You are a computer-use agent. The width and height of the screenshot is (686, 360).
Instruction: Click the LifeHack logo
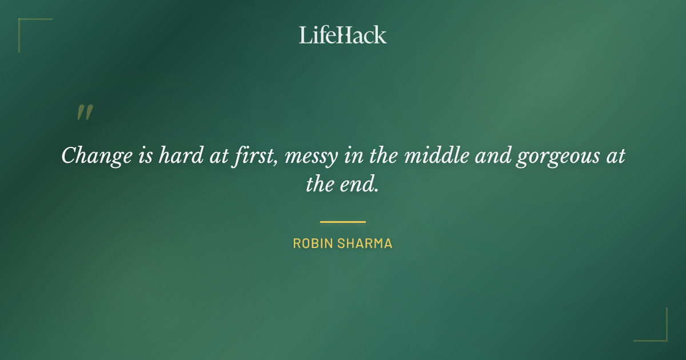[342, 35]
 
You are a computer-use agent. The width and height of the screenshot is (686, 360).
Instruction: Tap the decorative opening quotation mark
[84, 113]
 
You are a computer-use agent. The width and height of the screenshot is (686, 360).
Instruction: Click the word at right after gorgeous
[614, 156]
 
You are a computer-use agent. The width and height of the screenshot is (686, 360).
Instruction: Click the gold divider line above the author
[342, 222]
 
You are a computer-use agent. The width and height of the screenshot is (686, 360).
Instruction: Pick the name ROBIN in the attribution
[313, 243]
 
